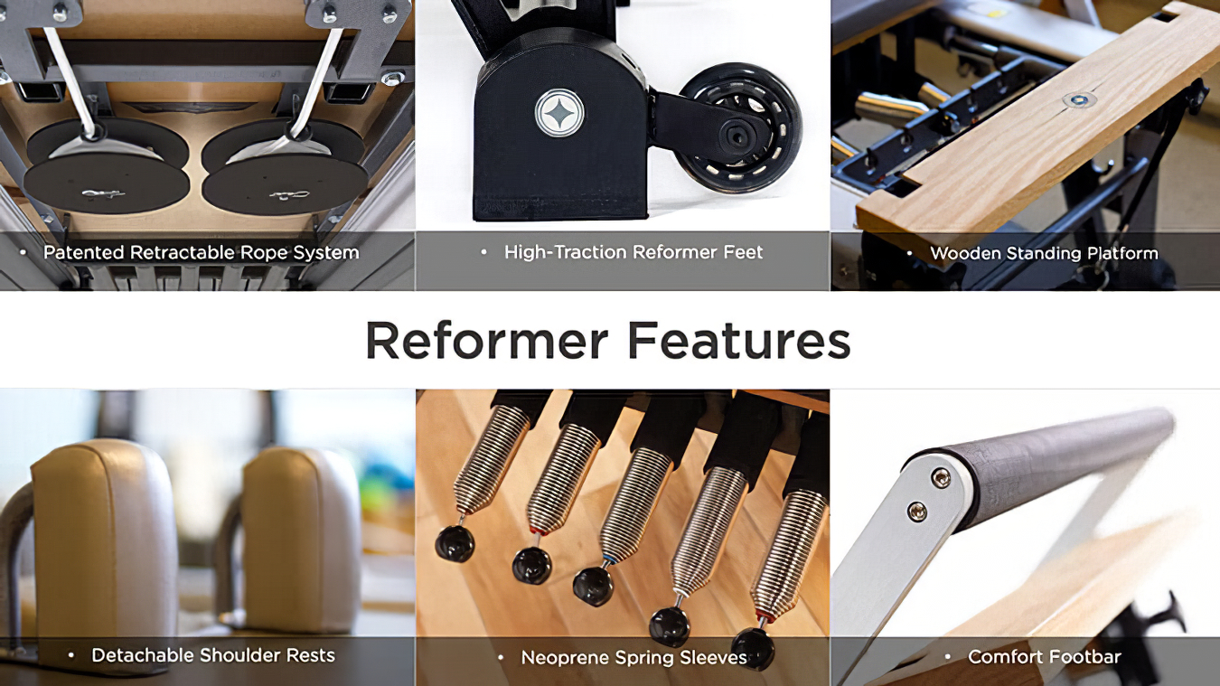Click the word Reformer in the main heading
(x=486, y=340)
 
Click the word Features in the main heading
(x=738, y=340)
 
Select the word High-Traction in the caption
(x=566, y=252)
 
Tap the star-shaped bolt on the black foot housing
(x=559, y=113)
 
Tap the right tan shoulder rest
(x=301, y=540)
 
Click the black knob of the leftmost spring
(x=455, y=544)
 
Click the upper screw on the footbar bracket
(x=941, y=478)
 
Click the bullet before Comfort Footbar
(x=948, y=657)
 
